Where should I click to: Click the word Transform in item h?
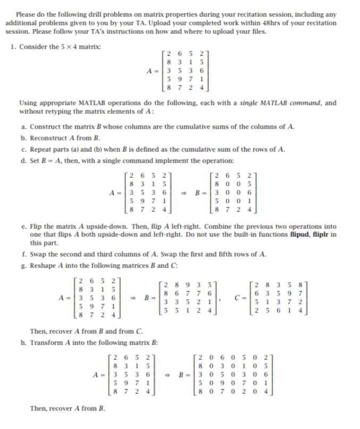46,342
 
